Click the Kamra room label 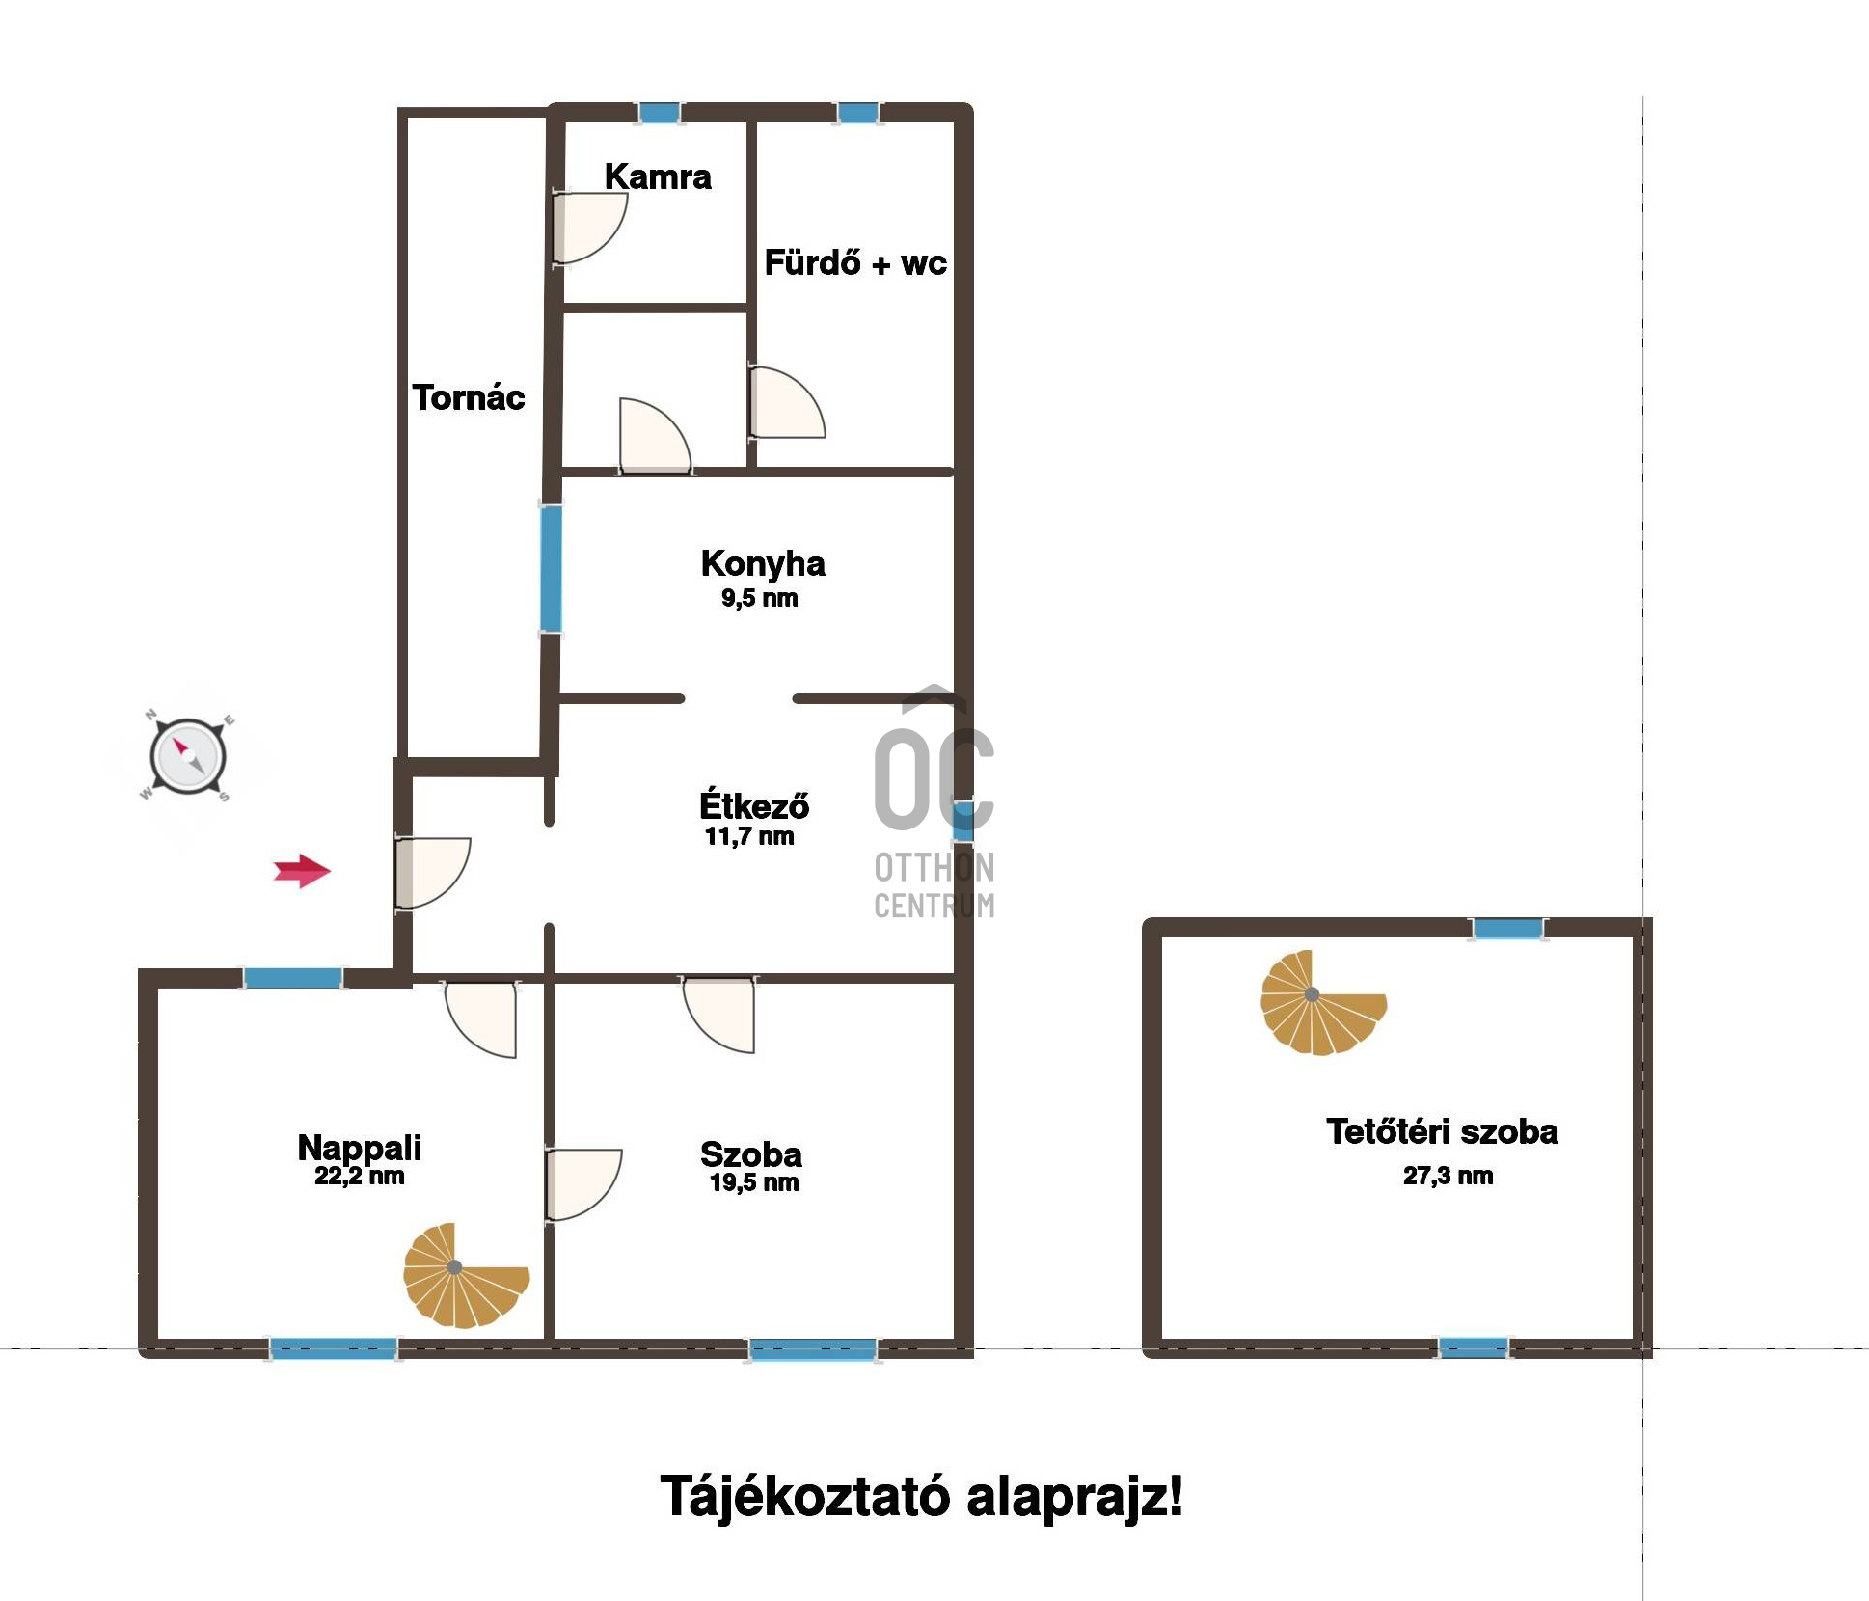tap(658, 176)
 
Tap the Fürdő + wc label tap(855, 262)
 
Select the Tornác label tap(469, 397)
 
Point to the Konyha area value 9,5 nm tap(760, 598)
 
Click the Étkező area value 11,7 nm tap(749, 836)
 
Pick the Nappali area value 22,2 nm tap(359, 1176)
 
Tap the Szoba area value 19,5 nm tap(754, 1182)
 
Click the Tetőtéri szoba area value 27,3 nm tap(1449, 1176)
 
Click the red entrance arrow tap(302, 871)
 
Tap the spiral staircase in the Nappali tap(465, 1276)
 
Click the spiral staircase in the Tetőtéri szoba tap(1322, 1003)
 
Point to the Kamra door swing tap(588, 228)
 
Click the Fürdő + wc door tap(786, 402)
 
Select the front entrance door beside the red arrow tap(432, 873)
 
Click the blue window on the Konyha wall tap(551, 569)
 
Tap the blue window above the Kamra tap(660, 113)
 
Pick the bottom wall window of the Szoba tap(814, 1349)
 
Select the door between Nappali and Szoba tap(582, 1185)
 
